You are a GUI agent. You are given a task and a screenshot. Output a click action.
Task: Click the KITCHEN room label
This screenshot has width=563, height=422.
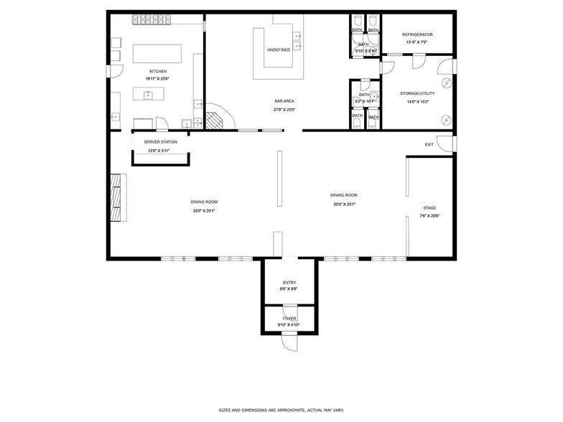pyautogui.click(x=158, y=71)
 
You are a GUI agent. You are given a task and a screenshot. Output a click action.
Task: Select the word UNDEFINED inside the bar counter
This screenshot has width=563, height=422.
pyautogui.click(x=279, y=50)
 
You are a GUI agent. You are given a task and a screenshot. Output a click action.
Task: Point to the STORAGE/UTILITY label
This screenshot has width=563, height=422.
pyautogui.click(x=417, y=93)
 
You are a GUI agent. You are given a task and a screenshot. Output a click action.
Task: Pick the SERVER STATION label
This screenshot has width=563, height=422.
pyautogui.click(x=160, y=142)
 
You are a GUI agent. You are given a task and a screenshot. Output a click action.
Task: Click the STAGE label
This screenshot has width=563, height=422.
pyautogui.click(x=429, y=208)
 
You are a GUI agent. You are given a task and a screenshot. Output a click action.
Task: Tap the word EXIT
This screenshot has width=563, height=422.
pyautogui.click(x=429, y=145)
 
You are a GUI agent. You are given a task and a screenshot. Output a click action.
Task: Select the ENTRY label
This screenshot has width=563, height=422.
pyautogui.click(x=289, y=282)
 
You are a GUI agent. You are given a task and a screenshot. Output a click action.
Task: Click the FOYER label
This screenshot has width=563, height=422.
pyautogui.click(x=289, y=318)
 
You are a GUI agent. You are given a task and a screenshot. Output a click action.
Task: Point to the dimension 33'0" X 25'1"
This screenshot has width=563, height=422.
pyautogui.click(x=204, y=211)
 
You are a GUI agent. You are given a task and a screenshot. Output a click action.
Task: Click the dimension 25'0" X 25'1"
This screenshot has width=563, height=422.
pyautogui.click(x=343, y=204)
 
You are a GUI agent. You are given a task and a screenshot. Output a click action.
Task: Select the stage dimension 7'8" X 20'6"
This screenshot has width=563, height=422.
pyautogui.click(x=429, y=216)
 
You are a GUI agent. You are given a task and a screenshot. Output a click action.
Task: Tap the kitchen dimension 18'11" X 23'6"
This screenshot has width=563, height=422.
pyautogui.click(x=158, y=78)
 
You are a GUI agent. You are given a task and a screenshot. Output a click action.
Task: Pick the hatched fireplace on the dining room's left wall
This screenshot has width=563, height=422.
pyautogui.click(x=115, y=200)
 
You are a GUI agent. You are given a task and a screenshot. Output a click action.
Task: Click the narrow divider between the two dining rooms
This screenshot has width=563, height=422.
pyautogui.click(x=278, y=177)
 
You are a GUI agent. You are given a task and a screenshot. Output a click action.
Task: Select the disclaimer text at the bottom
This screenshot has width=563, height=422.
pyautogui.click(x=281, y=410)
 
